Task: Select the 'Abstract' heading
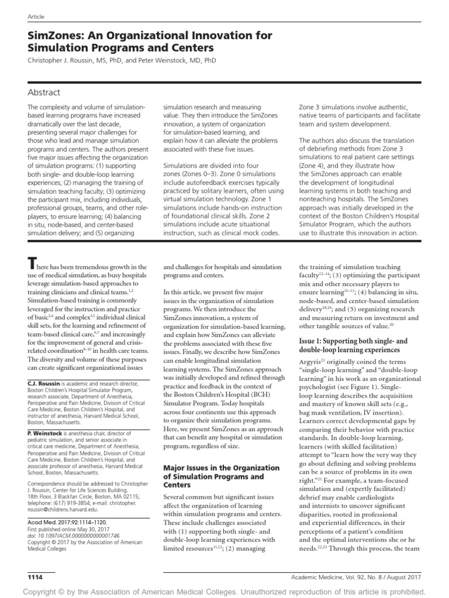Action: pos(44,92)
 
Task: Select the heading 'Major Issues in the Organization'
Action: pos(221,468)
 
